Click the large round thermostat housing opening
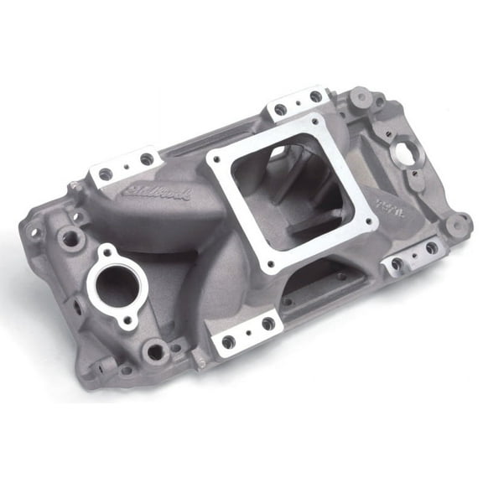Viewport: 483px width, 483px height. tap(117, 281)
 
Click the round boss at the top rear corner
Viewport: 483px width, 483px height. tap(361, 96)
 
